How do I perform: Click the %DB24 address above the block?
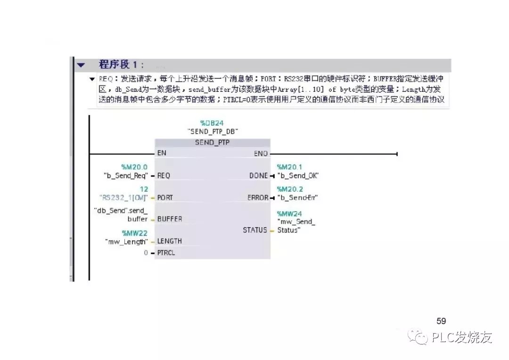[212, 123]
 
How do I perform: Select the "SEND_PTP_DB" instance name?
[212, 131]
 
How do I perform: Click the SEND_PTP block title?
[212, 142]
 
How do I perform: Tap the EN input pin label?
[162, 153]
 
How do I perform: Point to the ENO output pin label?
[261, 154]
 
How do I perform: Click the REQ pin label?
[164, 176]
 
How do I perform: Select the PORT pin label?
[165, 198]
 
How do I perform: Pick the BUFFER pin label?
[170, 219]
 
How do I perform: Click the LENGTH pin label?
[170, 241]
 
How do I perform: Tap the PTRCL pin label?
[167, 253]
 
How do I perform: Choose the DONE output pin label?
[259, 176]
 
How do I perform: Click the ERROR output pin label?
[258, 198]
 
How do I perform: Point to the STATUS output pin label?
[255, 230]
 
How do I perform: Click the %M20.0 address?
[134, 167]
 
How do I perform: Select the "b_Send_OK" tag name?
[298, 176]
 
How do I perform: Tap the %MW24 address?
[289, 213]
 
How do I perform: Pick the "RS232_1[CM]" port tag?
[124, 197]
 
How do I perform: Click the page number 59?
[441, 321]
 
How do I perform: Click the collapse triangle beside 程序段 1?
[82, 65]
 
